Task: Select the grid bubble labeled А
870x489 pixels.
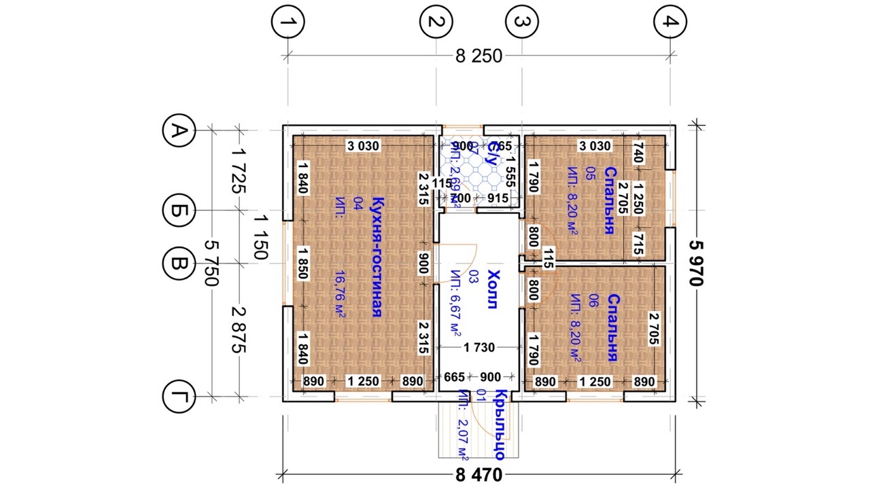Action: [179, 130]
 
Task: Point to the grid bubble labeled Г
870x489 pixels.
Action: [179, 396]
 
